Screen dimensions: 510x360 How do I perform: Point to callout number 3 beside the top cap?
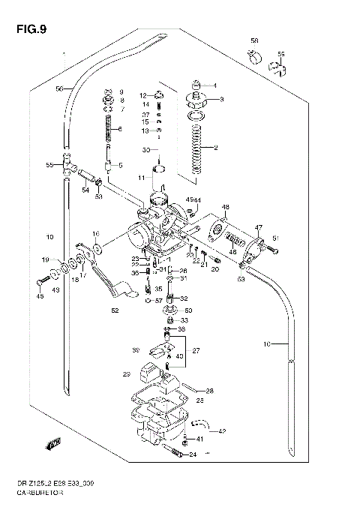(221, 99)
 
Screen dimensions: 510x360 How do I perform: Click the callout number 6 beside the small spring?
(119, 129)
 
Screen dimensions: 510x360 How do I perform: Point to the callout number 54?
(85, 190)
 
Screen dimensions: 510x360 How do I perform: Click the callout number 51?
(275, 238)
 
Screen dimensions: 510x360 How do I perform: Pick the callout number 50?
(187, 310)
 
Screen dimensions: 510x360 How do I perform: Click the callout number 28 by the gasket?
(209, 391)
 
